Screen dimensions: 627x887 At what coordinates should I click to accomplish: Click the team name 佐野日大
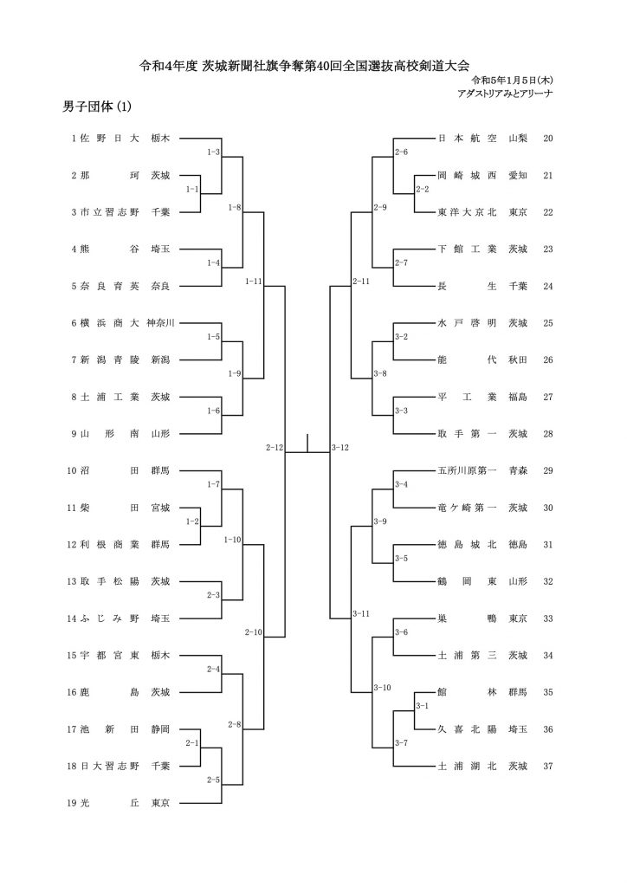tap(110, 138)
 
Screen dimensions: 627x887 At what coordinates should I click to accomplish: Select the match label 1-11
tap(254, 282)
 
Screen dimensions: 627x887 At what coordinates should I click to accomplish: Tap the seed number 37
tap(548, 766)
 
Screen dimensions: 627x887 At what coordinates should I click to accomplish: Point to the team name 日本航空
tap(467, 138)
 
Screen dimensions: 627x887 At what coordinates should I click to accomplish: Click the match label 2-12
tap(275, 448)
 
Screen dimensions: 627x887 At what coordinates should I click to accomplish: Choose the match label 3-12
tap(340, 448)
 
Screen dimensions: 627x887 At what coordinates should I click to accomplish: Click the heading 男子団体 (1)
tap(97, 107)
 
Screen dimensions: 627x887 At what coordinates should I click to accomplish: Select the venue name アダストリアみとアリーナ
tap(505, 94)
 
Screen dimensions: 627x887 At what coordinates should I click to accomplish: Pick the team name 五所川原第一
tap(467, 470)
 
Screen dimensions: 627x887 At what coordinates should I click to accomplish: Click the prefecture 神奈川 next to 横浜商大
tap(160, 323)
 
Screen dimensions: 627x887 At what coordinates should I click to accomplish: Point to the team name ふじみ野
tap(110, 618)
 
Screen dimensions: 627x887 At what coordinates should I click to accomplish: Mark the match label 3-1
tap(422, 706)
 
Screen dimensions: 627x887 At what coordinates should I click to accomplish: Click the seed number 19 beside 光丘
tap(71, 803)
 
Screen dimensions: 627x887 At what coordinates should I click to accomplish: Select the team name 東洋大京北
tap(467, 212)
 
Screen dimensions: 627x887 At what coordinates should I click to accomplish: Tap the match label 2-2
tap(422, 189)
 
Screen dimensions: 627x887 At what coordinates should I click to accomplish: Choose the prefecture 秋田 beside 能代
tap(518, 359)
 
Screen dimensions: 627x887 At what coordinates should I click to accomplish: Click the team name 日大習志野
tap(110, 766)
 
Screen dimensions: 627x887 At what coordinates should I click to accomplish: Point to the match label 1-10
tap(232, 540)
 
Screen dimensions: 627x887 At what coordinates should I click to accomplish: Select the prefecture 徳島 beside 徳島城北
tap(518, 545)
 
